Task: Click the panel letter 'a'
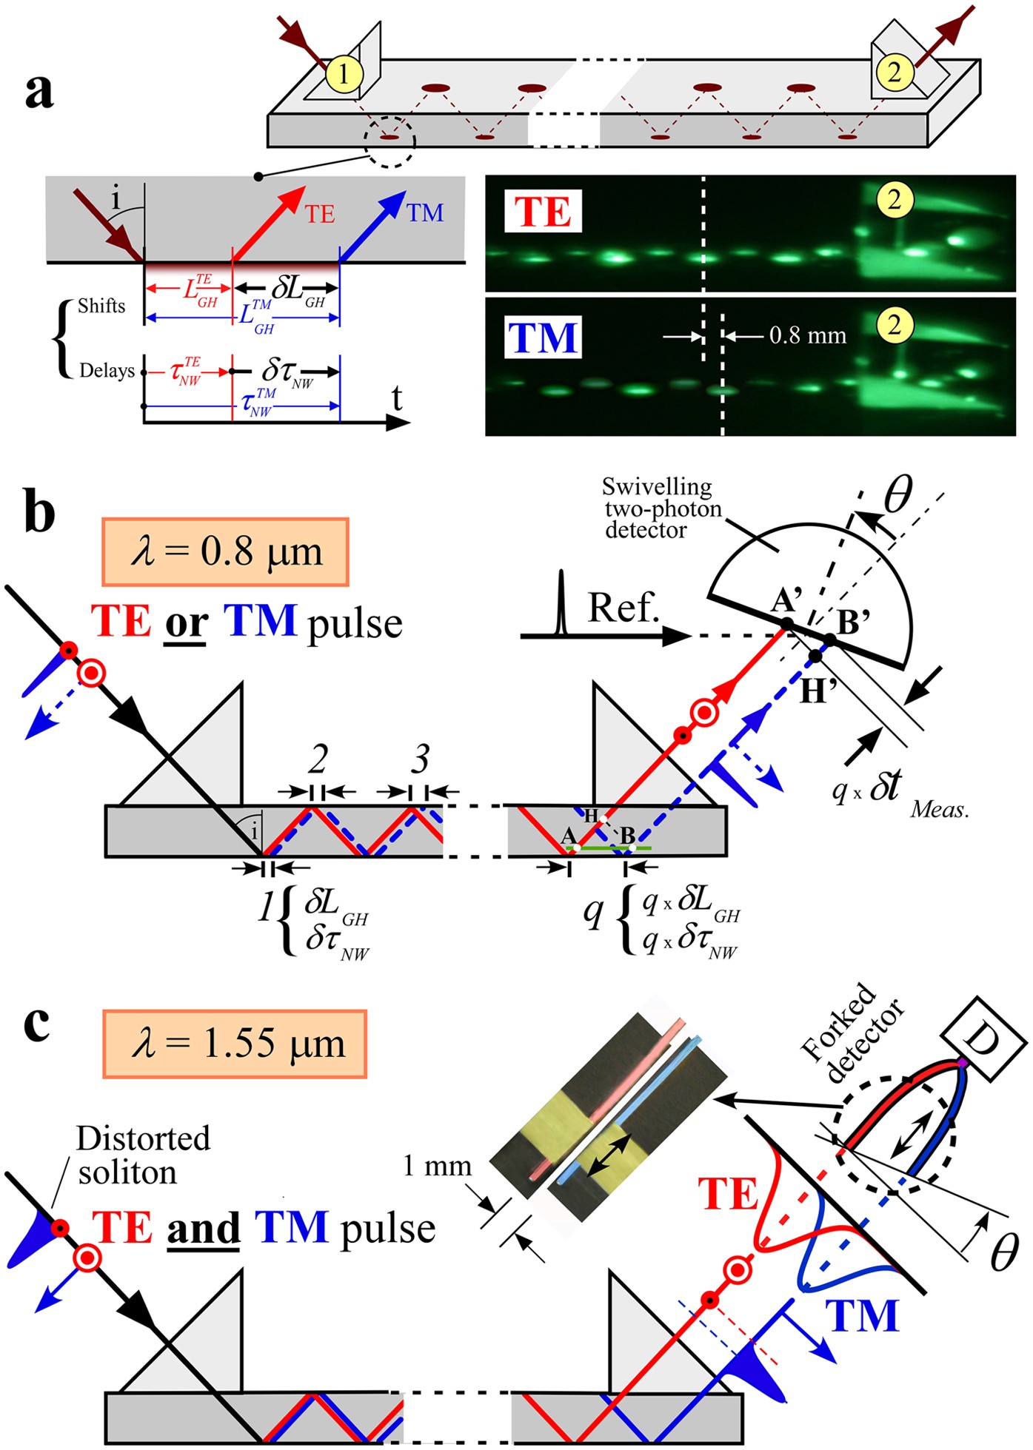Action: [x=39, y=91]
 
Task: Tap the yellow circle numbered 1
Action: [x=343, y=73]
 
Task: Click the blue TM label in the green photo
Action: [x=543, y=338]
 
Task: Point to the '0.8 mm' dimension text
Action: [x=807, y=335]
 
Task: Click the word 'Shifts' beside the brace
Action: [x=101, y=306]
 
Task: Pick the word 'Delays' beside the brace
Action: [x=107, y=370]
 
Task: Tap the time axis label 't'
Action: [x=397, y=398]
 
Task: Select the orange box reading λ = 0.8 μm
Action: [x=225, y=552]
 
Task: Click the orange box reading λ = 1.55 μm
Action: [x=235, y=1044]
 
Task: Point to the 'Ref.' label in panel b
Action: [x=623, y=608]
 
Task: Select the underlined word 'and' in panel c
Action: [x=203, y=1228]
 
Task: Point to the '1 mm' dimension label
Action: [x=437, y=1166]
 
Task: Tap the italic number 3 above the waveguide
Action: [x=420, y=759]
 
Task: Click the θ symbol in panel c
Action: [x=1003, y=1252]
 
